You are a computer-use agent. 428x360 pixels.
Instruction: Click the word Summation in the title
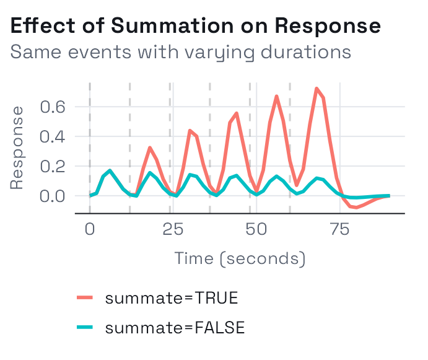click(172, 26)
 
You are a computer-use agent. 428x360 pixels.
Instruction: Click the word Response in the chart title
click(328, 27)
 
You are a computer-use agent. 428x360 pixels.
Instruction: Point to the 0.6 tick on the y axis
click(53, 107)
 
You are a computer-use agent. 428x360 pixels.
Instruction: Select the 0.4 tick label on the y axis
click(53, 136)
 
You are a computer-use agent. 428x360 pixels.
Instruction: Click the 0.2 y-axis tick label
click(53, 166)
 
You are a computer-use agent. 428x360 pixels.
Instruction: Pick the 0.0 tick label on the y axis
click(53, 196)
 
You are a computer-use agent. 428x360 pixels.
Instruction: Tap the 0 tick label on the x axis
click(90, 229)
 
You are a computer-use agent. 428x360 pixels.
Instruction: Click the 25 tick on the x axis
click(173, 229)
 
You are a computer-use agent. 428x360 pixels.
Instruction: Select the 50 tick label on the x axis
click(256, 229)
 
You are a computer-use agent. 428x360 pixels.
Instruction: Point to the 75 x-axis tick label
click(340, 229)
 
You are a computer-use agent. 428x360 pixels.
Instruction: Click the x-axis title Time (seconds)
click(240, 258)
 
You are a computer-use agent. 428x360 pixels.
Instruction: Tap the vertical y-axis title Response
click(17, 147)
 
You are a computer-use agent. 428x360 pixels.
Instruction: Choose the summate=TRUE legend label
click(172, 297)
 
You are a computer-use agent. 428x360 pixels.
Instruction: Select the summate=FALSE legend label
click(175, 328)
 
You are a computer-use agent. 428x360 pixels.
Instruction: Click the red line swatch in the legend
click(85, 297)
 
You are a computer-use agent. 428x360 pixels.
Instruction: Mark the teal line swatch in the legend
click(85, 327)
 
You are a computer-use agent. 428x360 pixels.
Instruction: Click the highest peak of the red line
click(317, 89)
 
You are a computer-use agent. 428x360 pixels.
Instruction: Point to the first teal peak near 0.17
click(110, 171)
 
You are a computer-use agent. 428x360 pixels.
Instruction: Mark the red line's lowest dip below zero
click(356, 208)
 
